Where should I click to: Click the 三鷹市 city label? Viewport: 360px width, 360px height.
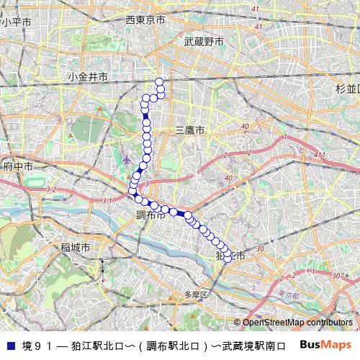click(190, 130)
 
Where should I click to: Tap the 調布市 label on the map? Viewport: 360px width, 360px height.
click(151, 215)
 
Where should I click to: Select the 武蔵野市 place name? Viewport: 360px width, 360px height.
click(204, 42)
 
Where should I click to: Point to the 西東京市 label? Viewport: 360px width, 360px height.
click(145, 19)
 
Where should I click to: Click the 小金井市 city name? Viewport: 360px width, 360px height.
click(89, 76)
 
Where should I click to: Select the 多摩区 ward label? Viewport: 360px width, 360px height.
click(195, 294)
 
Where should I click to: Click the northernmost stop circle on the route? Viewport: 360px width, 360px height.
click(158, 81)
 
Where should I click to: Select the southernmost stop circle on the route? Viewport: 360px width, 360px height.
click(228, 258)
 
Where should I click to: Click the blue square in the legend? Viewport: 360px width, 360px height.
click(9, 346)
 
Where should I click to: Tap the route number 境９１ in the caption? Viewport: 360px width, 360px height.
click(37, 346)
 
